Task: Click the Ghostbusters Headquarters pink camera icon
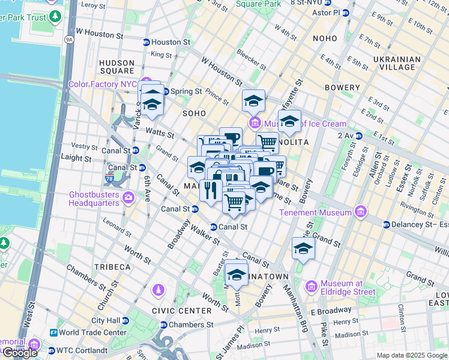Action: pos(128,197)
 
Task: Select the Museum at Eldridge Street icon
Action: pos(310,287)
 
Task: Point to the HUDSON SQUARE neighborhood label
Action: pos(116,67)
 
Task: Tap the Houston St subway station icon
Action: pos(146,43)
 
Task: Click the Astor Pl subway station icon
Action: pos(345,13)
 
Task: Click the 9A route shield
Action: pos(69,40)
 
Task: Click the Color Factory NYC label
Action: pos(102,84)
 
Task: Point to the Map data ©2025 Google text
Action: pos(412,355)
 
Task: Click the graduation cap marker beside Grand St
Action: pos(303,249)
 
